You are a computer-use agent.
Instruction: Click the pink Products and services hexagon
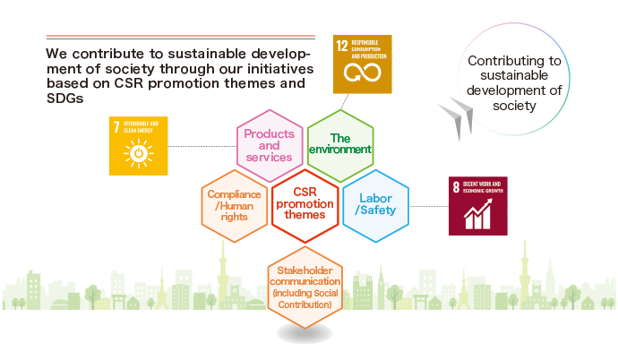(x=270, y=146)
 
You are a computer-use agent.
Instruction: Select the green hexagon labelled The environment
(x=340, y=146)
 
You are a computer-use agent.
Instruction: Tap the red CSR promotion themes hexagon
(x=305, y=206)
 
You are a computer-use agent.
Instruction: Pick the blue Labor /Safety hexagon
(x=375, y=206)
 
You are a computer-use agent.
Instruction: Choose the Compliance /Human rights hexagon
(x=234, y=206)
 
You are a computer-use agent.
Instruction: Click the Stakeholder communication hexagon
(x=305, y=287)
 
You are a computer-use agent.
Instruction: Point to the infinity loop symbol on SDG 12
(x=362, y=73)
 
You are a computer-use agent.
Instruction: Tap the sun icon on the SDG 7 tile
(x=138, y=153)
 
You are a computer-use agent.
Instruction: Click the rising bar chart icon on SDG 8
(x=478, y=214)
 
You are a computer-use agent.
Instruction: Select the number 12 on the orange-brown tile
(x=342, y=46)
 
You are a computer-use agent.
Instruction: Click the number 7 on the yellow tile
(x=116, y=127)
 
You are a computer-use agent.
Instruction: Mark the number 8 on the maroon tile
(x=456, y=187)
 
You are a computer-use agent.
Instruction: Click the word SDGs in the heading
(x=65, y=99)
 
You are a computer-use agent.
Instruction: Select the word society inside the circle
(x=514, y=106)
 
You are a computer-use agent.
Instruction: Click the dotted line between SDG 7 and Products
(x=202, y=146)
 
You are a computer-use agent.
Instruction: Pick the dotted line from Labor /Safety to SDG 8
(x=429, y=206)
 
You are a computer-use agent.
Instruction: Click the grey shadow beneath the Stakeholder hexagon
(x=305, y=334)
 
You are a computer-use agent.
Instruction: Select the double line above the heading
(x=181, y=37)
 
